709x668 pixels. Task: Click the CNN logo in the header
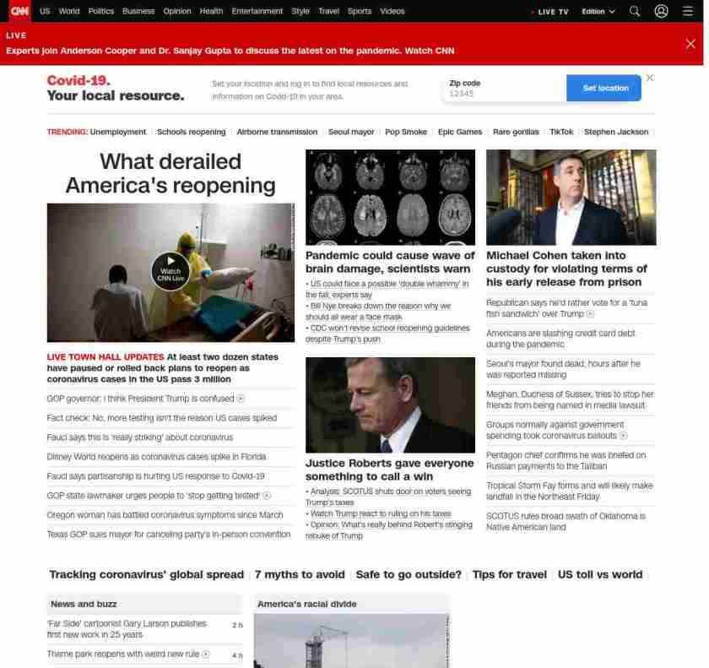click(x=19, y=11)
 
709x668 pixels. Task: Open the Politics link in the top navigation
click(x=101, y=11)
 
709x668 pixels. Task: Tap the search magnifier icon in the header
click(x=635, y=11)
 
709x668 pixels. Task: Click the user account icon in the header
click(x=661, y=11)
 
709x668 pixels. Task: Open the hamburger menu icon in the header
click(x=687, y=11)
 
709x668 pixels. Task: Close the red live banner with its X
click(x=690, y=44)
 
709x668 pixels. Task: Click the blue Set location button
click(x=604, y=88)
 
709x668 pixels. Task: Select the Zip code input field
click(x=503, y=93)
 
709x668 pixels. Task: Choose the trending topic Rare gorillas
click(x=516, y=132)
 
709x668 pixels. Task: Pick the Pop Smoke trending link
click(x=406, y=132)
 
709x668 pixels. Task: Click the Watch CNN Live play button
click(x=170, y=271)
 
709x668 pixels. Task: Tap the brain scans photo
click(x=390, y=197)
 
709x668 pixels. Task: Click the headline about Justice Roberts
click(x=389, y=470)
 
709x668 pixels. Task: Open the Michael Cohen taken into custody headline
click(x=566, y=269)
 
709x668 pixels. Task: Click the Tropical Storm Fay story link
click(x=569, y=491)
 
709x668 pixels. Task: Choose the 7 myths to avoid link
click(x=300, y=574)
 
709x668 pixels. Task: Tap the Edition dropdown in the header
click(x=598, y=11)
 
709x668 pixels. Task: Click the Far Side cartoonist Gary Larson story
click(x=127, y=628)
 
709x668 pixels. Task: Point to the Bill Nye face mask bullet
click(x=380, y=311)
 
